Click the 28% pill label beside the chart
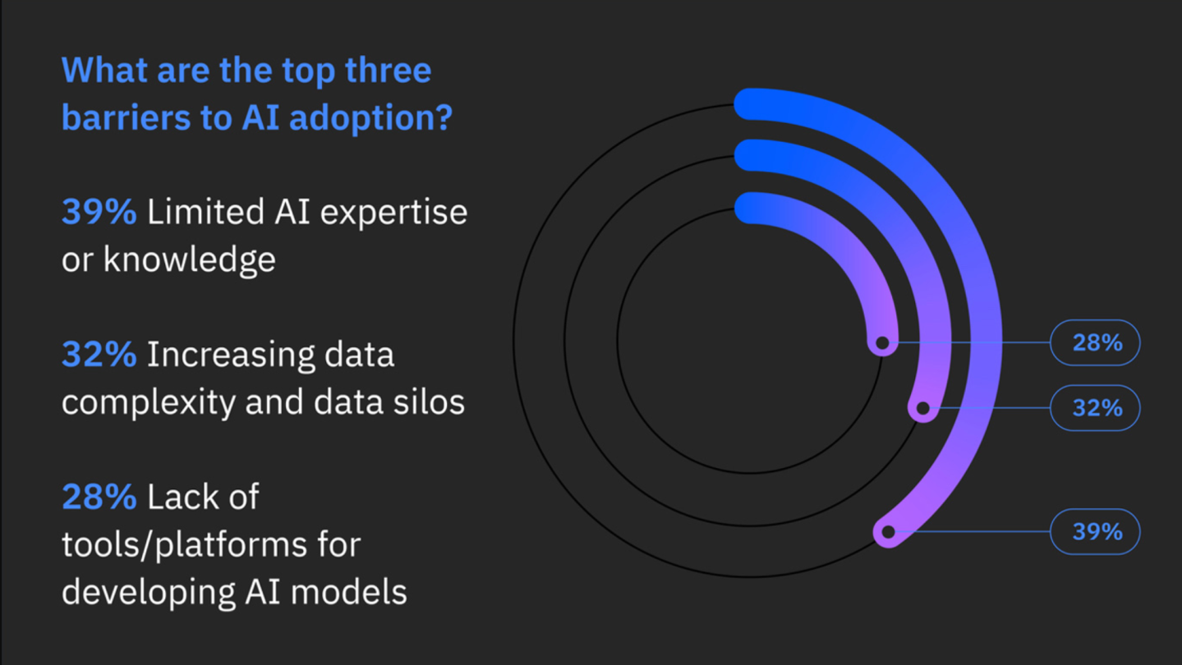(x=1095, y=343)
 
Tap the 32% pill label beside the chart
(x=1095, y=408)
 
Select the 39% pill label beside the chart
(x=1095, y=531)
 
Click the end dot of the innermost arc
(x=882, y=343)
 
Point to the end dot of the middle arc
(x=923, y=408)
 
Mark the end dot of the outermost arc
(x=889, y=531)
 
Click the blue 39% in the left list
(x=99, y=212)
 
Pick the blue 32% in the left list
(x=99, y=355)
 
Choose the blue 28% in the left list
(x=99, y=497)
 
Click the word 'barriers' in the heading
(x=126, y=117)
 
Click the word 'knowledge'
(x=190, y=260)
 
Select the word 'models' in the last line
(x=349, y=592)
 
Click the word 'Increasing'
(x=231, y=355)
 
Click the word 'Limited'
(x=206, y=212)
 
